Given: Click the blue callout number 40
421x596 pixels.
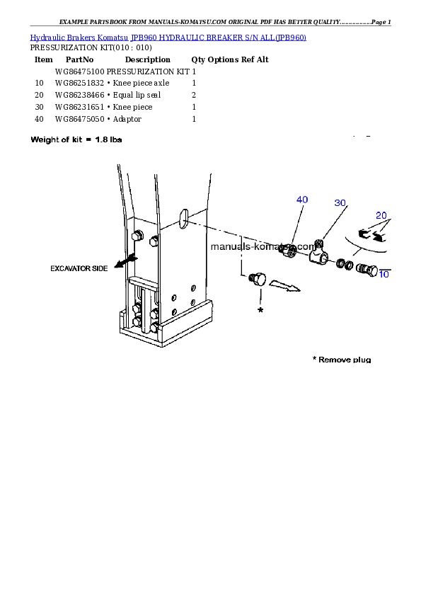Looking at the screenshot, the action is [302, 200].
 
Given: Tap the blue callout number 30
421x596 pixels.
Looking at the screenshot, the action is [340, 203].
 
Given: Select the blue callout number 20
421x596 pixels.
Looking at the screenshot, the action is [381, 215].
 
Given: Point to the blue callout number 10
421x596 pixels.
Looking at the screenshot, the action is [384, 274].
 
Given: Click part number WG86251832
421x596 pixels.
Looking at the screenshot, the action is [79, 83].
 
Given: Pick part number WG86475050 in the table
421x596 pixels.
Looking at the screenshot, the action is [79, 119].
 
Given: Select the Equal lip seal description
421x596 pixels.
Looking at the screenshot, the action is [137, 95].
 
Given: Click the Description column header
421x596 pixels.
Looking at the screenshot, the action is [148, 59].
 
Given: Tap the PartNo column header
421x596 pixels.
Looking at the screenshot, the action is [79, 59].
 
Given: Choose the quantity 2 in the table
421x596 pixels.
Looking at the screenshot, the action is [194, 95].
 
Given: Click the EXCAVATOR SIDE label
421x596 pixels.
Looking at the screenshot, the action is [79, 269].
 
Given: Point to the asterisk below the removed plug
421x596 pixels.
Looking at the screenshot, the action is [260, 310].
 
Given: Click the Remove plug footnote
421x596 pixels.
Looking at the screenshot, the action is [342, 360].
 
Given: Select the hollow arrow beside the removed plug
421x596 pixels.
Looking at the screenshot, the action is [284, 286].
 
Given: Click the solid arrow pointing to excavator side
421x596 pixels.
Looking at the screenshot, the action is [125, 261].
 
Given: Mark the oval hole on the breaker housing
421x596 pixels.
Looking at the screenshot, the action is [183, 219].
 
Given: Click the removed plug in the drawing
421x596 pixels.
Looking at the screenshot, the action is [258, 279].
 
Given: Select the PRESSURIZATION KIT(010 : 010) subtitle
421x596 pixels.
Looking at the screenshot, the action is [91, 47].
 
